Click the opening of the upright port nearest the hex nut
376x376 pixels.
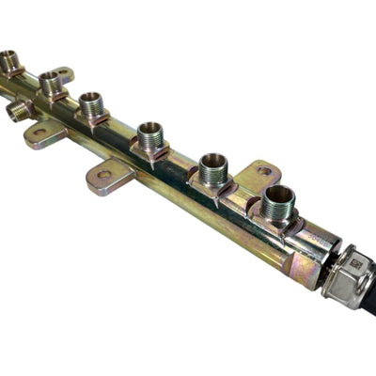pyautogui.click(x=278, y=196)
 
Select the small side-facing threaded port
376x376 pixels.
pyautogui.click(x=19, y=111)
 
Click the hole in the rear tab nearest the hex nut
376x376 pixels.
pyautogui.click(x=264, y=172)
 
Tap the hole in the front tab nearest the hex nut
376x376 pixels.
pyautogui.click(x=103, y=174)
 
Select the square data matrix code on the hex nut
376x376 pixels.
pyautogui.click(x=355, y=266)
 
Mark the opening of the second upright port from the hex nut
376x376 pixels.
pyautogui.click(x=213, y=161)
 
